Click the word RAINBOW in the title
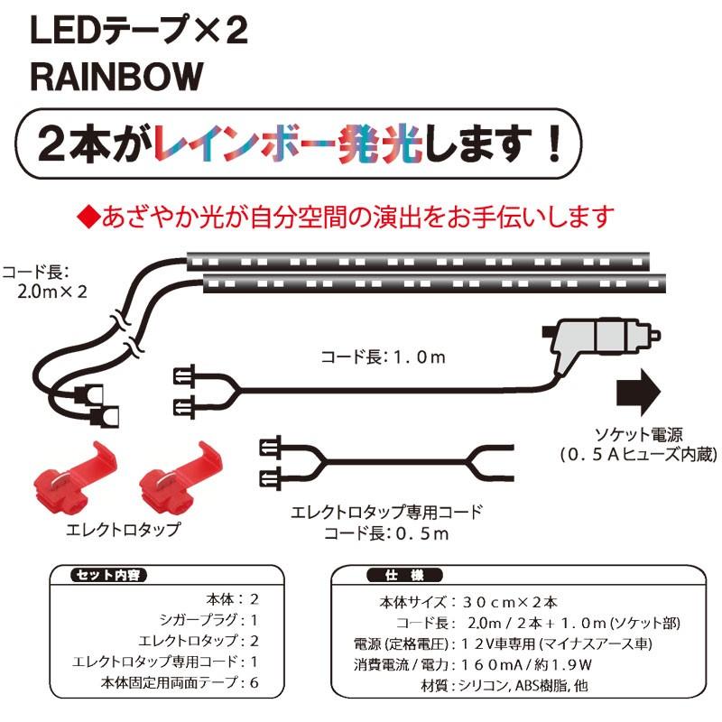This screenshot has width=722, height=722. point(115,78)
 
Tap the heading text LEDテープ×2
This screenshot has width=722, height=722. point(138,32)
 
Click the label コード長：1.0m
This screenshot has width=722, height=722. point(384,357)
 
